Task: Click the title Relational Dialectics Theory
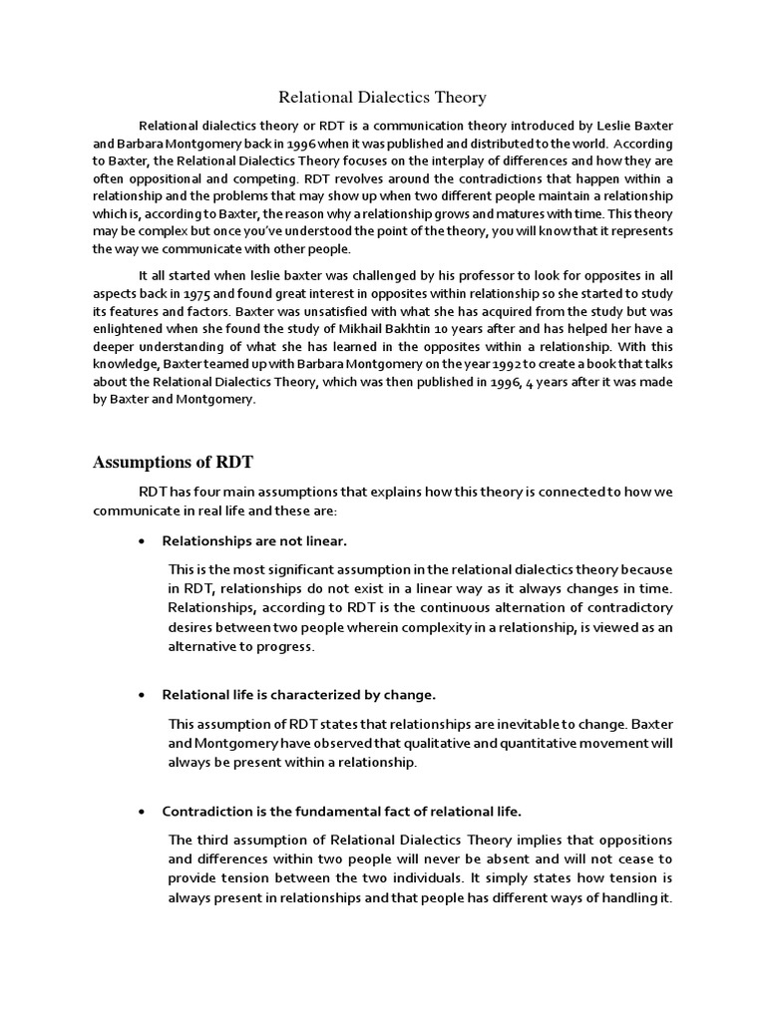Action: click(382, 97)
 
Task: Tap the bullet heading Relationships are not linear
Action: click(254, 541)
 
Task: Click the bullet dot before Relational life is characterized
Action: click(142, 695)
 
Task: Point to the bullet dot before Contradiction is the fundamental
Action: click(142, 812)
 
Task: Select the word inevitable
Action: click(502, 724)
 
